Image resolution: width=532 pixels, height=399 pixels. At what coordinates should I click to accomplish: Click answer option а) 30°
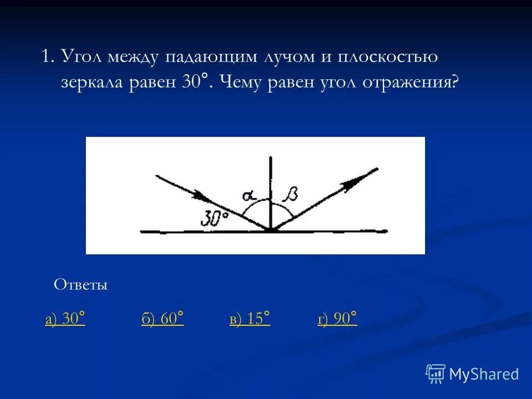click(x=65, y=319)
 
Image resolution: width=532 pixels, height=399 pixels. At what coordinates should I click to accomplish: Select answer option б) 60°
click(x=162, y=319)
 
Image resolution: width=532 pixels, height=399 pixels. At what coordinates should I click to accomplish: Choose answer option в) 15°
click(x=249, y=319)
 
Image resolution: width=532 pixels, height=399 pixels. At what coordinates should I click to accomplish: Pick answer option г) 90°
click(x=337, y=319)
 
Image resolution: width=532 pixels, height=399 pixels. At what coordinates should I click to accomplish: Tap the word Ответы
click(x=80, y=285)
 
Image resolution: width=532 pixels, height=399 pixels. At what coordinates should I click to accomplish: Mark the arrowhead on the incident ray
click(x=204, y=197)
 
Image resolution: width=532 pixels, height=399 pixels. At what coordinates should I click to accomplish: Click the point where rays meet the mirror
click(x=270, y=230)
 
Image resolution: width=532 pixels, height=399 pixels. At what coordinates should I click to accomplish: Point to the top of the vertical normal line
click(x=270, y=158)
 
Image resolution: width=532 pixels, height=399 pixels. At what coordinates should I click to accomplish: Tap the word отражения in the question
click(x=411, y=82)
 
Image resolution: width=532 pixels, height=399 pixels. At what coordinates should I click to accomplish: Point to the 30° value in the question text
click(x=195, y=82)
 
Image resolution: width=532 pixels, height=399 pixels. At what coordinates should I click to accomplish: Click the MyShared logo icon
click(x=436, y=374)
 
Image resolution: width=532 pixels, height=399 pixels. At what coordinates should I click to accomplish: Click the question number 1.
click(x=46, y=57)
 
